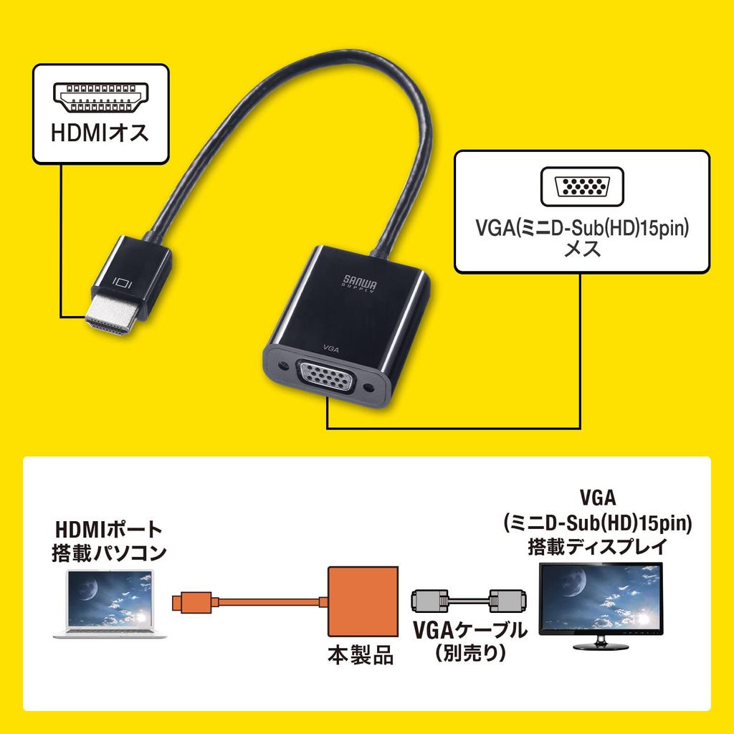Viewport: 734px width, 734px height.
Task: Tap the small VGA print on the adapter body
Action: pyautogui.click(x=331, y=347)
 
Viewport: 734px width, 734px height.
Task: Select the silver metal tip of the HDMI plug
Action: pyautogui.click(x=110, y=323)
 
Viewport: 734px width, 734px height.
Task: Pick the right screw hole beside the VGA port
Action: pyautogui.click(x=370, y=389)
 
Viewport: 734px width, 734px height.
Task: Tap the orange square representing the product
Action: pyautogui.click(x=362, y=602)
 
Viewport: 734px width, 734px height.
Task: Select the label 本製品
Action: pyautogui.click(x=361, y=655)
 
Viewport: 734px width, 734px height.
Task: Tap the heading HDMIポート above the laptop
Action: pyautogui.click(x=108, y=531)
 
